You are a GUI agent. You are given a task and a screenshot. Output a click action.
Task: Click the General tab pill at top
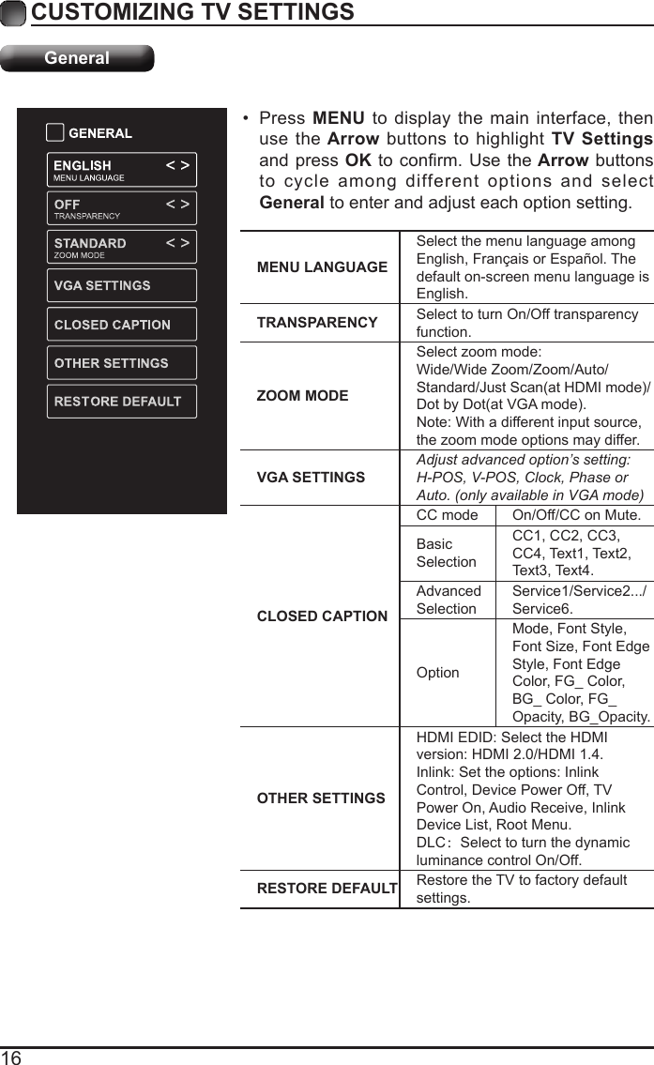tap(77, 58)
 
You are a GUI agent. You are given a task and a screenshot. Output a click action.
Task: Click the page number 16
tap(12, 1057)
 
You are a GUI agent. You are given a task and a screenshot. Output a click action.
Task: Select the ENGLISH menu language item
tap(121, 170)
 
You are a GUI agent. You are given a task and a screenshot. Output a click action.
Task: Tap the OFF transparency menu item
tap(121, 208)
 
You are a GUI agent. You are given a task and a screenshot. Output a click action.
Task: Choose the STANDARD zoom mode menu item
tap(121, 247)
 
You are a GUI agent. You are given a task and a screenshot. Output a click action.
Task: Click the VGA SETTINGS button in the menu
tap(121, 285)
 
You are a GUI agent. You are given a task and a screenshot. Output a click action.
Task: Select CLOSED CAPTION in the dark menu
tap(121, 325)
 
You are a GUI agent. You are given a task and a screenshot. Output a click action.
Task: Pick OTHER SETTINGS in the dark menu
tap(121, 363)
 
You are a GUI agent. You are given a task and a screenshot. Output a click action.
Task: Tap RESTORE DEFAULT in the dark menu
tap(121, 402)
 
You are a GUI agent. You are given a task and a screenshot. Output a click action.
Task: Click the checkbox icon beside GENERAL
tap(55, 132)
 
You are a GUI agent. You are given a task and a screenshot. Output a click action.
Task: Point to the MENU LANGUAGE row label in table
tap(321, 267)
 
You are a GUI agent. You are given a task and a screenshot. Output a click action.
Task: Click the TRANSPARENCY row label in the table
tap(317, 322)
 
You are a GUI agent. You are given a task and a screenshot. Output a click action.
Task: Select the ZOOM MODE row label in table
tap(302, 396)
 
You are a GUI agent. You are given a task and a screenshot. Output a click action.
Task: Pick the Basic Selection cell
tap(447, 553)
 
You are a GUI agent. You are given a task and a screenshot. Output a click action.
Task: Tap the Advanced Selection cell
tap(449, 600)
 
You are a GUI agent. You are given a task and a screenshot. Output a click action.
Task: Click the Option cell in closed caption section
tap(438, 673)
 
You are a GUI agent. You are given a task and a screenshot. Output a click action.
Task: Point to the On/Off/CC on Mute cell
tap(576, 516)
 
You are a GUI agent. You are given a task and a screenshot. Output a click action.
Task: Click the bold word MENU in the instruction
tap(339, 119)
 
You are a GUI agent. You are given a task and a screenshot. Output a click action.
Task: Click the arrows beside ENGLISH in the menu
tap(177, 166)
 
